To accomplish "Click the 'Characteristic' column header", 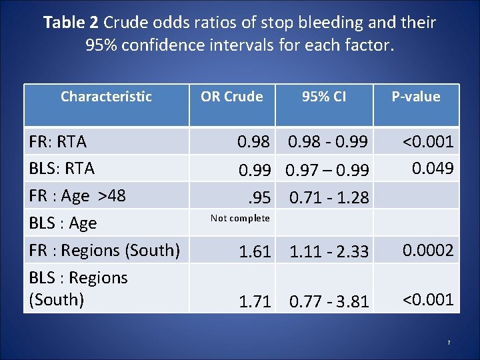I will tap(106, 97).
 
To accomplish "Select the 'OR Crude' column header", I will tap(231, 97).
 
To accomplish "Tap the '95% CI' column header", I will tap(323, 97).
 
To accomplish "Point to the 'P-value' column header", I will tap(415, 97).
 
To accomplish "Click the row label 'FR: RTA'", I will tap(57, 141).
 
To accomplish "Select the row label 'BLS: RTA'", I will tap(61, 168).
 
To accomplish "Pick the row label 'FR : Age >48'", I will tap(77, 196).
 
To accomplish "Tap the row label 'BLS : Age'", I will tap(63, 223).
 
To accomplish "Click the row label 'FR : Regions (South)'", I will tap(104, 251).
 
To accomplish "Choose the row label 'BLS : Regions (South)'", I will tap(78, 288).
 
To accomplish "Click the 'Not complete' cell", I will tap(240, 218).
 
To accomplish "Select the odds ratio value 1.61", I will tap(255, 251).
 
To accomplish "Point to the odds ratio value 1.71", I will tap(255, 301).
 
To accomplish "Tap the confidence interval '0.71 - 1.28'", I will tap(329, 198).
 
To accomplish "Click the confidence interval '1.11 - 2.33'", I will tap(329, 251).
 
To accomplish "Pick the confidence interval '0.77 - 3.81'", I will tap(329, 301).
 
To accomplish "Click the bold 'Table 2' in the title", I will tap(71, 23).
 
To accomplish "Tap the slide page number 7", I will tap(449, 343).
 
